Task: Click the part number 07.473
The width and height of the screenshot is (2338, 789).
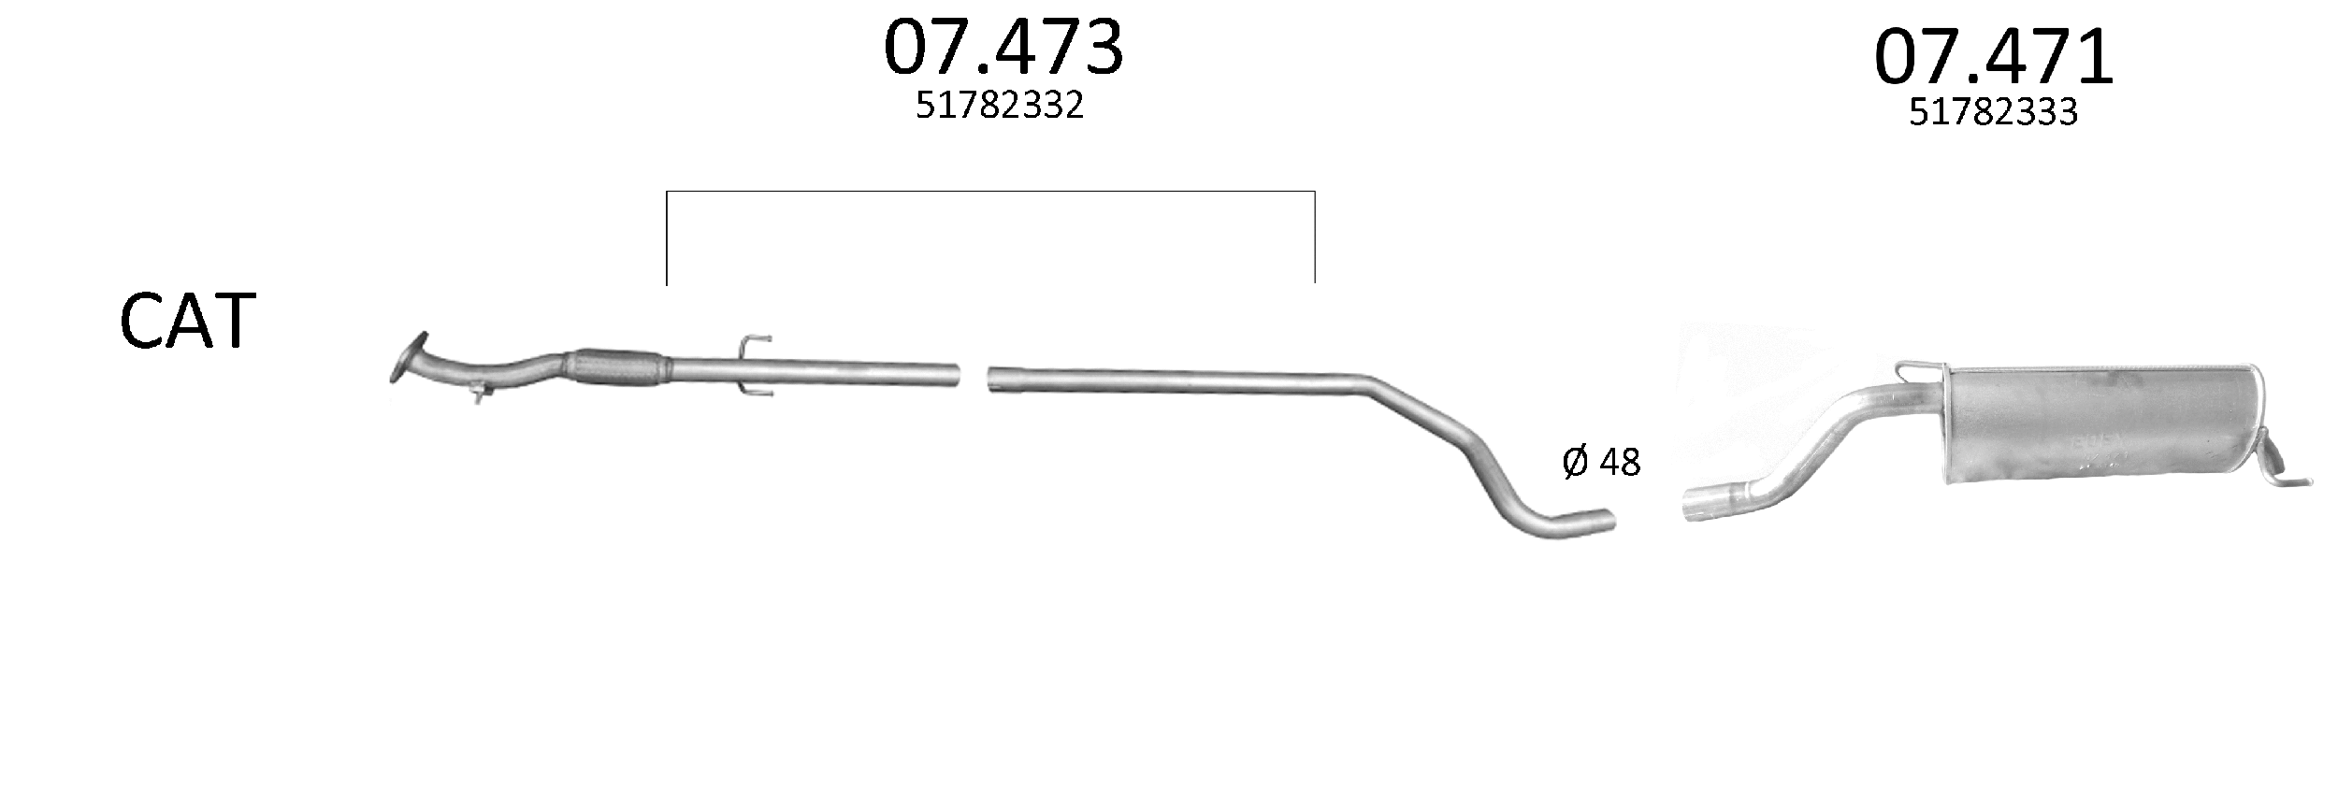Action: (x=1003, y=48)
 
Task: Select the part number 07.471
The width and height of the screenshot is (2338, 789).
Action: (x=1994, y=57)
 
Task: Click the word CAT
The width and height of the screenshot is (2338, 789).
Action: (x=188, y=321)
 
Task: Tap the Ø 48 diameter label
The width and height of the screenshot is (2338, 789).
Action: (x=1601, y=462)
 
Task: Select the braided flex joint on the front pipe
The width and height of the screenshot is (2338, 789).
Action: (x=616, y=367)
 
